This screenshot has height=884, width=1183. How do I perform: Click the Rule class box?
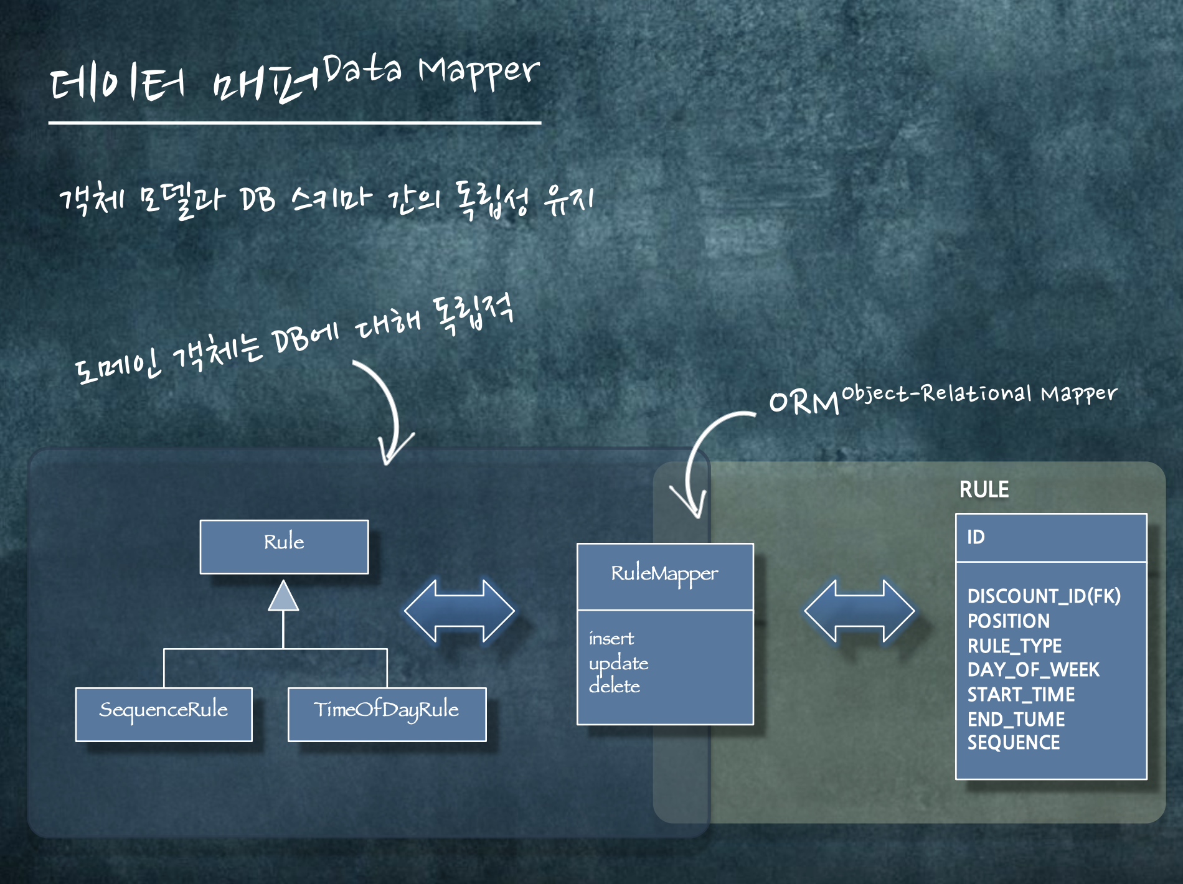click(x=284, y=546)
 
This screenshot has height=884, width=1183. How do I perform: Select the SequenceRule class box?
click(x=164, y=713)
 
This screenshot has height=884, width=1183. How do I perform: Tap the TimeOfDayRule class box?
click(x=387, y=713)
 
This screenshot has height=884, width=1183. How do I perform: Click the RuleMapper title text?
click(x=664, y=574)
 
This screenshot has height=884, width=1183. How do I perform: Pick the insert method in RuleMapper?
click(x=611, y=639)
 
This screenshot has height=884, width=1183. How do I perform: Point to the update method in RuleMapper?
click(x=618, y=664)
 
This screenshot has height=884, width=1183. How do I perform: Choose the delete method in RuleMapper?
click(x=615, y=686)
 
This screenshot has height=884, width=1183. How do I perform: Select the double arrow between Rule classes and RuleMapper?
click(x=460, y=611)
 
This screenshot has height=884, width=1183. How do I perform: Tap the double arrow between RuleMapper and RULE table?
click(x=859, y=611)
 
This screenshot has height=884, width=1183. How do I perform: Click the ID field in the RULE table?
click(x=976, y=537)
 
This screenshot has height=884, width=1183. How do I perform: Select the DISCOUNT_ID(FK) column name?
click(x=1044, y=596)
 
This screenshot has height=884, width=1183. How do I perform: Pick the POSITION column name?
click(x=1009, y=621)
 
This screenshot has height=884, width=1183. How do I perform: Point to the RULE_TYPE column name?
click(x=1014, y=646)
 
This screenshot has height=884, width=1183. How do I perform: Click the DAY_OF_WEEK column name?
click(x=1033, y=670)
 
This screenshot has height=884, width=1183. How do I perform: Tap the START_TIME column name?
click(x=1021, y=694)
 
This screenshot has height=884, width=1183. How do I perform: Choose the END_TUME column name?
click(x=1016, y=719)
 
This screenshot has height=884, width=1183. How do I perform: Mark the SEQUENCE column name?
click(x=1014, y=743)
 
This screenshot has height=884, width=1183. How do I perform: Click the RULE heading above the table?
click(x=984, y=489)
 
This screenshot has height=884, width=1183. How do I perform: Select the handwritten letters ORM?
click(x=804, y=403)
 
